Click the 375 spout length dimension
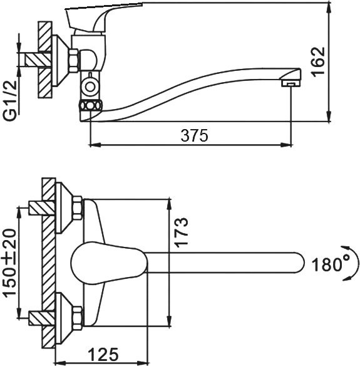point(194,135)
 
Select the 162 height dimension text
point(318,62)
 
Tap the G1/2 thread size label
point(11,101)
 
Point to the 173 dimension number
point(181,233)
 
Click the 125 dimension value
point(104,354)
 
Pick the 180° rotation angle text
point(331,264)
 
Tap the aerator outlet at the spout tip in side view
point(291,83)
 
